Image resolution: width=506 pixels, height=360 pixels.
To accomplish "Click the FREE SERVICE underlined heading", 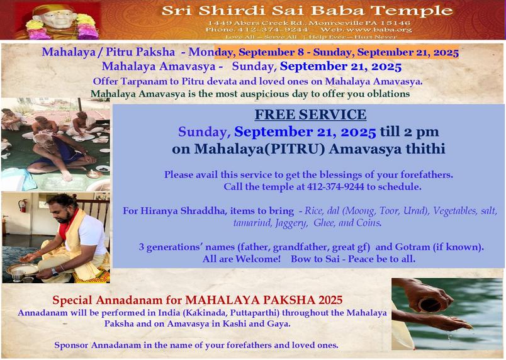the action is point(310,115).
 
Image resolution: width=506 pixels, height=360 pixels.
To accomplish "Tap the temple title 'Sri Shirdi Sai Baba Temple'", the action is point(307,11).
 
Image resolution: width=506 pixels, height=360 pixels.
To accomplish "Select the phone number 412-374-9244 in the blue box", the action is point(335,187).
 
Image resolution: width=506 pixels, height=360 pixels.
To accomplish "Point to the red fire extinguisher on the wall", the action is point(23,205).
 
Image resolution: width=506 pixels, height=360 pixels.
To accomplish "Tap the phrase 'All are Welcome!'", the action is point(242,259).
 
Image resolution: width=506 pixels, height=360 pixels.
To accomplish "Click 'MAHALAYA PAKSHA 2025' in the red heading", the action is point(264,300).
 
